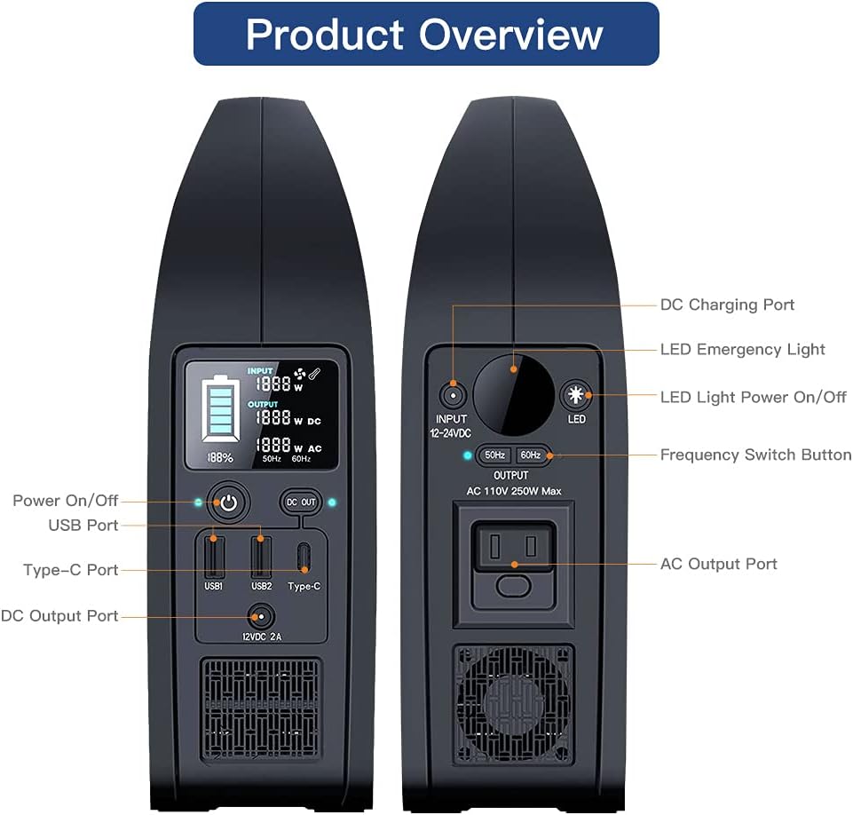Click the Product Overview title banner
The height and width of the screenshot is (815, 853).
[426, 34]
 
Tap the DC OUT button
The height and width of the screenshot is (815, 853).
[301, 502]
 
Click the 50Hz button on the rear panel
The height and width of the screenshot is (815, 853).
[494, 455]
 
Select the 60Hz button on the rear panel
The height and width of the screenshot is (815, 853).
[531, 455]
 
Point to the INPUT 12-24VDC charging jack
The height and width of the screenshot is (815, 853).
[452, 395]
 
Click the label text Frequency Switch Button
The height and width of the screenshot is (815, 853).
[754, 455]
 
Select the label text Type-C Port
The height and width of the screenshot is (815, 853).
[71, 570]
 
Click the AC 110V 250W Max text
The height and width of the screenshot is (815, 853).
[513, 491]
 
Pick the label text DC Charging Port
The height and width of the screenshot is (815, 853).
[727, 305]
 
